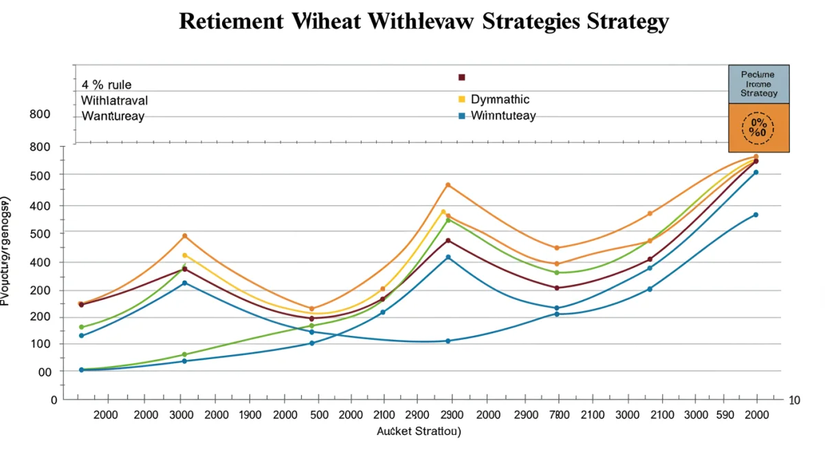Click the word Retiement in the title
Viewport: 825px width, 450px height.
coord(230,21)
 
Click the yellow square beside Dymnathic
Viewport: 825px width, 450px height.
coord(462,100)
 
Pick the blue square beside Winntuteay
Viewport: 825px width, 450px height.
coord(462,116)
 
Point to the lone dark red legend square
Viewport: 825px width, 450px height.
coord(462,77)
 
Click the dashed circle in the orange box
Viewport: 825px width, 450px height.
coord(758,128)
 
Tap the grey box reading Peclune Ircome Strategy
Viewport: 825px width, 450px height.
coord(758,84)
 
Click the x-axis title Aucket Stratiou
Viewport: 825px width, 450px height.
coord(418,431)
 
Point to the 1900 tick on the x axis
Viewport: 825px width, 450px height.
coord(250,415)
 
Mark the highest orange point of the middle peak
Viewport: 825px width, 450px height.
coord(448,185)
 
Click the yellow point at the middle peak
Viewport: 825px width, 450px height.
coord(443,212)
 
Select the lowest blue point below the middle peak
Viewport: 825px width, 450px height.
coord(448,341)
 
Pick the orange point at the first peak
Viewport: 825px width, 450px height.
coord(184,236)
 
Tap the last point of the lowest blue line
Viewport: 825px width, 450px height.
coord(756,215)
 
